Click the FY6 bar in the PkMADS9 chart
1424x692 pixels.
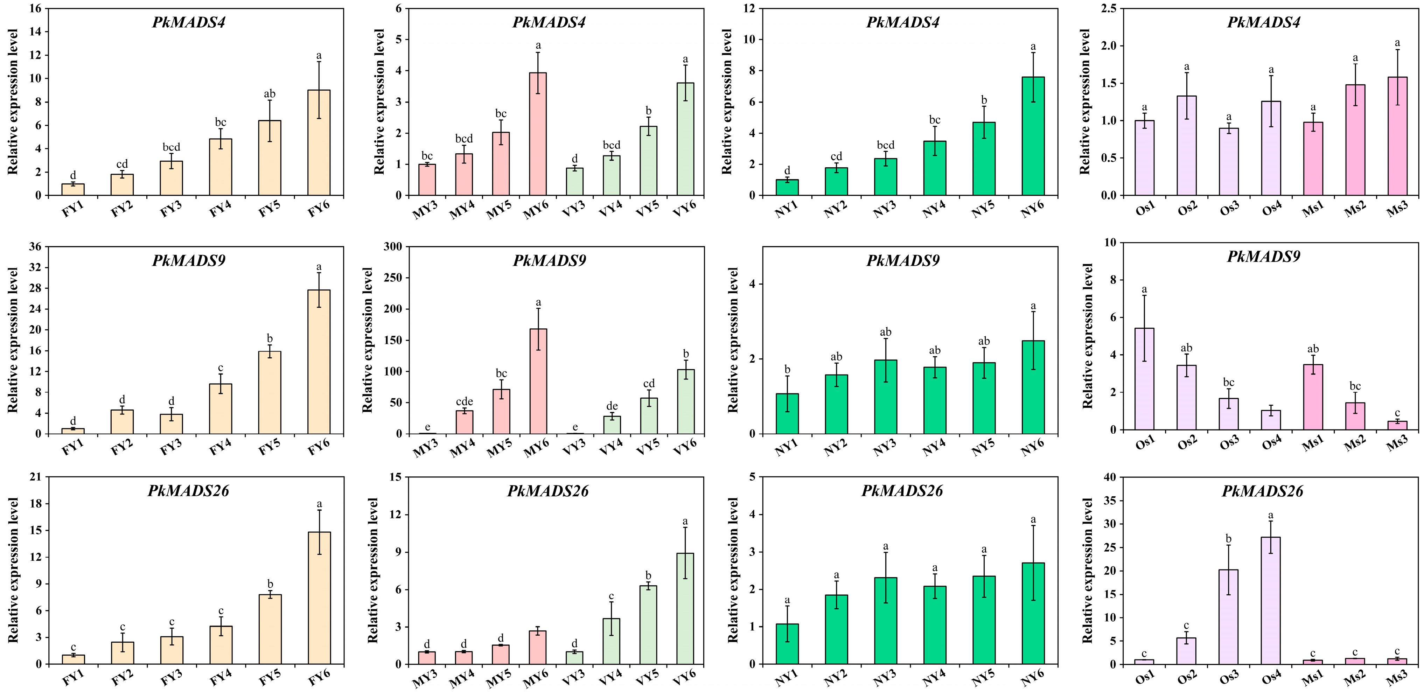[319, 362]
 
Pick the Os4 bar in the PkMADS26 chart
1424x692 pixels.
[1271, 600]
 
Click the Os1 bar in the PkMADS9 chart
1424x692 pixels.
[1144, 379]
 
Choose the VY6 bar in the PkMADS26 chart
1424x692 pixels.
[685, 609]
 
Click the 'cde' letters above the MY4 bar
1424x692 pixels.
[465, 402]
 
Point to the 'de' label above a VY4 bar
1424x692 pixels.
[612, 406]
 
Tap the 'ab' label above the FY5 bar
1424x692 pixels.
[270, 94]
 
